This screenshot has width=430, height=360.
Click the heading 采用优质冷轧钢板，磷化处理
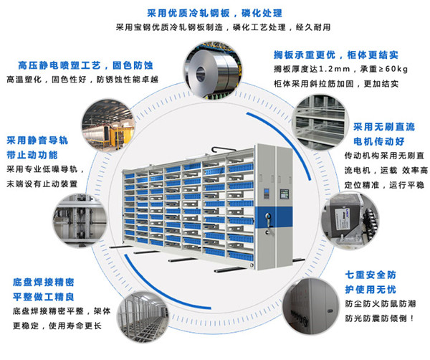click(214, 13)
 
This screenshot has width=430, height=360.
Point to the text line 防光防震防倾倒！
click(382, 317)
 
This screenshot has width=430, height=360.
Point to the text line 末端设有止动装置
click(47, 184)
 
